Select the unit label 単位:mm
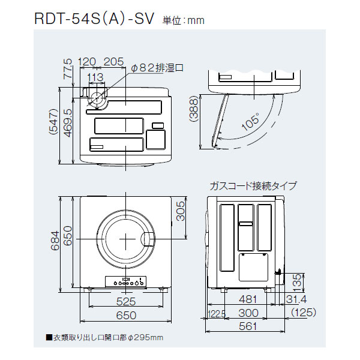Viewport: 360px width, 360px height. [184, 21]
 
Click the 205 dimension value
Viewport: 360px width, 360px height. [113, 61]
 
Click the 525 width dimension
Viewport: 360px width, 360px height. [125, 301]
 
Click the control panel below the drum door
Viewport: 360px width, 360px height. [125, 281]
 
